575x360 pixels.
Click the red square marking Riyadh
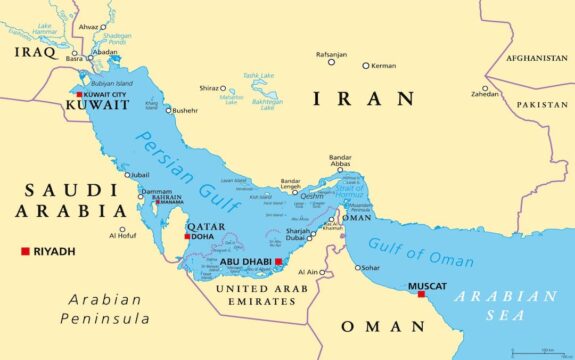coord(25,251)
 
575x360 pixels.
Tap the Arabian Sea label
coord(506,306)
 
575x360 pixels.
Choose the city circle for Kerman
coord(366,66)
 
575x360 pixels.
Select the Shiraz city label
coord(208,87)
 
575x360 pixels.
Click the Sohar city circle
coord(358,268)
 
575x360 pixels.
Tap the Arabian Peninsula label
coord(102,309)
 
